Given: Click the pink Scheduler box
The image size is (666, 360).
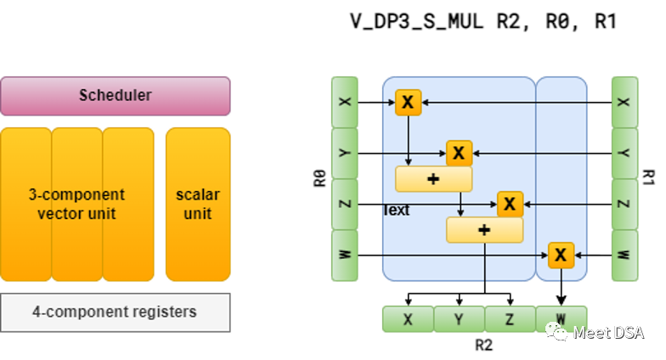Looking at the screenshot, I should (115, 96).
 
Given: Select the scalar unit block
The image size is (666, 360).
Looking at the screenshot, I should (198, 204).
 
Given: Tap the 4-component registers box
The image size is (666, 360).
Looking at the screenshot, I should (115, 312).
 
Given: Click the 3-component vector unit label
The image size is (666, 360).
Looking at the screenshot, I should (76, 204).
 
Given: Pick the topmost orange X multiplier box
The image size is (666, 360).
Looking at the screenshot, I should (408, 103).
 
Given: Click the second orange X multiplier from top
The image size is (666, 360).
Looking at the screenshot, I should (459, 154).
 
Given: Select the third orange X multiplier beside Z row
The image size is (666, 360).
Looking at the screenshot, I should (510, 204).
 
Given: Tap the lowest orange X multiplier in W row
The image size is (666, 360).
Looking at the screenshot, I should (561, 255).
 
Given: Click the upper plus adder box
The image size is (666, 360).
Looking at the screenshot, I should (433, 179).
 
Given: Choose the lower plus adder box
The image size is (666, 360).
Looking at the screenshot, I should (484, 230).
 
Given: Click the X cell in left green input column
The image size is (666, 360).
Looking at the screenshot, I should (344, 102).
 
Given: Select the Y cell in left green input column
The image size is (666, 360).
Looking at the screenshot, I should (344, 153).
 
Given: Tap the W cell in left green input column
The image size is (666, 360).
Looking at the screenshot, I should (344, 255).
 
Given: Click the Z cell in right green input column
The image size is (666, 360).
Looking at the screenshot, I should (624, 204).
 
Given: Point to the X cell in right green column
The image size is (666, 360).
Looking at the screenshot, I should (624, 102).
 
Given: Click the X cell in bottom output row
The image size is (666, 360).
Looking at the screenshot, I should (408, 319).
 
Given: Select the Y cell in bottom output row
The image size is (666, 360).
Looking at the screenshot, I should (459, 319).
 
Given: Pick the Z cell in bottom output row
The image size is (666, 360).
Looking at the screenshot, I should (510, 319).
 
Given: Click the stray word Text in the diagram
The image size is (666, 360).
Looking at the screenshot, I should (397, 210).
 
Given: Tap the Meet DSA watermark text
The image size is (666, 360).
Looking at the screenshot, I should (607, 333).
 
